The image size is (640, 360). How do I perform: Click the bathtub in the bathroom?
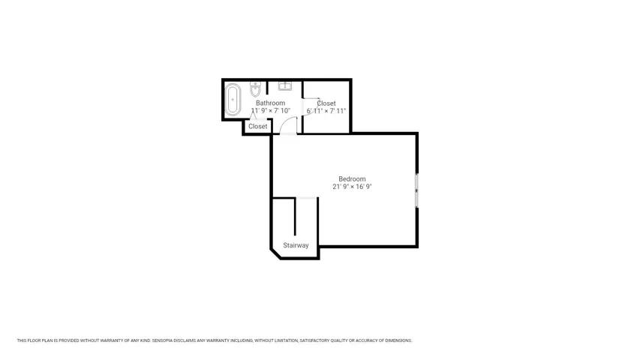click(x=233, y=99)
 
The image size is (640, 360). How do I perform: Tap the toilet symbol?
click(x=256, y=88)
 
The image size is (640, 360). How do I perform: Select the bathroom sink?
click(x=285, y=85)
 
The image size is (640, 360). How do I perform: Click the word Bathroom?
click(x=271, y=103)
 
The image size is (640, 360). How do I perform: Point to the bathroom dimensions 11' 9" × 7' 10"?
click(x=271, y=110)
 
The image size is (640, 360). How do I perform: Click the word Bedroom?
click(x=352, y=178)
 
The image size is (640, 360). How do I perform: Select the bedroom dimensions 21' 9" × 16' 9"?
click(x=352, y=187)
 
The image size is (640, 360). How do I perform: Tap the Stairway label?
click(x=296, y=245)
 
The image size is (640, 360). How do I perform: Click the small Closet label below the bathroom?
click(x=258, y=127)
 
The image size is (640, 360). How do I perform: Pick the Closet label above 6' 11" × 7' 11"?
click(x=326, y=103)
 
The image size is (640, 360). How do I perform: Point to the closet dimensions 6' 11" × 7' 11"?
click(x=326, y=110)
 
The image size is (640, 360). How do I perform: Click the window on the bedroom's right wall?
click(x=416, y=190)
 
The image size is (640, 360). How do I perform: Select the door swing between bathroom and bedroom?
click(x=289, y=125)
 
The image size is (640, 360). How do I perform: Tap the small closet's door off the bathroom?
click(x=253, y=116)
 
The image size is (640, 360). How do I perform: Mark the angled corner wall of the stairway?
click(x=275, y=253)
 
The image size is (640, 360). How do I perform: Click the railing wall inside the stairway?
click(x=295, y=217)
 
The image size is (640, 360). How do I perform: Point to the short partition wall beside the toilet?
click(x=267, y=87)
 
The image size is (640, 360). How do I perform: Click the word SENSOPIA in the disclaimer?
click(x=163, y=340)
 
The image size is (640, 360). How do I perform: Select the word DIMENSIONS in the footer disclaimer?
click(x=398, y=340)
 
